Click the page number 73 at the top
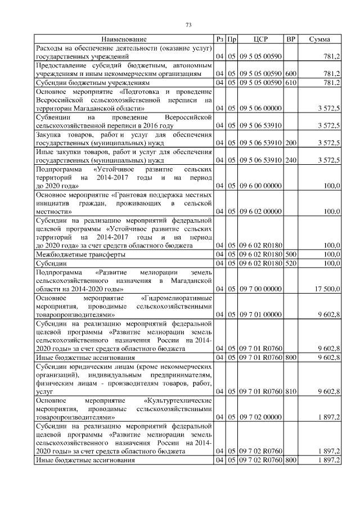tap(189, 24)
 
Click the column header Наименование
tap(124, 39)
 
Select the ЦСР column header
tap(260, 39)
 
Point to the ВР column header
tap(290, 39)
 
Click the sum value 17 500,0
tap(327, 289)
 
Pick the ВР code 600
tap(291, 74)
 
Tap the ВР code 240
tap(291, 160)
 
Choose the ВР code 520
tap(291, 263)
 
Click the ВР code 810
tap(291, 391)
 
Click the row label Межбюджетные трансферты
tap(73, 254)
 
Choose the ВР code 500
tap(291, 254)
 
